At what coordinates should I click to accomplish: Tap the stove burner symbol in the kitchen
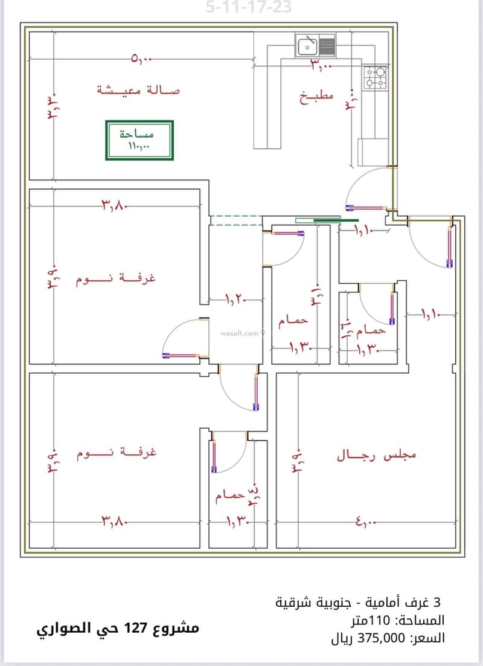(375, 77)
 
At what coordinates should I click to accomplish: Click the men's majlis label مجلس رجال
(377, 455)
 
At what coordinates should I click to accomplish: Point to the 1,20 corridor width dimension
(236, 299)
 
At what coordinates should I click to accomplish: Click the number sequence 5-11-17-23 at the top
(249, 8)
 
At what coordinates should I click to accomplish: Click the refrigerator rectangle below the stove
(373, 151)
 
